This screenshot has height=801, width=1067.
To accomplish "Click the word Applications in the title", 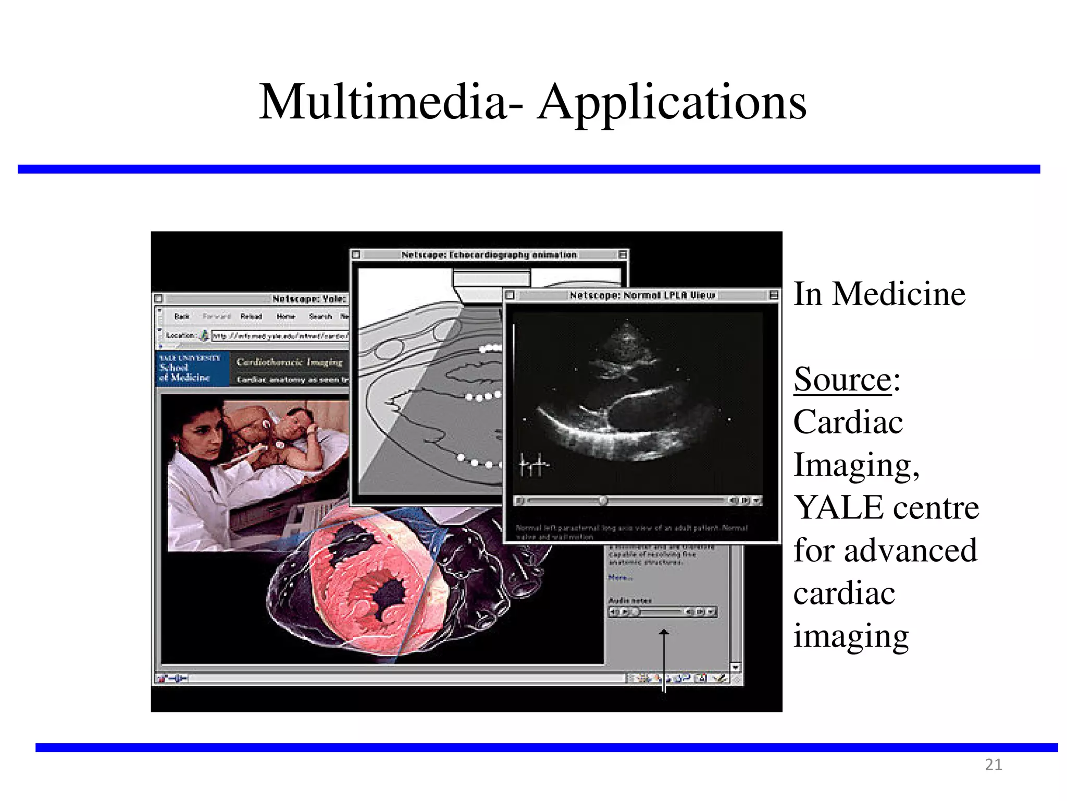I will [672, 103].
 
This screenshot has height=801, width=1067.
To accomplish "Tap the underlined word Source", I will [842, 379].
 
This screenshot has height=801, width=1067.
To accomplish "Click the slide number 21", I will [994, 764].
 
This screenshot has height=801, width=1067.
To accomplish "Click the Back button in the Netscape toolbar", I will [182, 317].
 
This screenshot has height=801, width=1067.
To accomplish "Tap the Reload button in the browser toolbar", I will [251, 317].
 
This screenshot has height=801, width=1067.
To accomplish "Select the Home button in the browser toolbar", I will [286, 317].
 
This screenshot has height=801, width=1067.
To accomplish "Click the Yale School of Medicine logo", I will [192, 368].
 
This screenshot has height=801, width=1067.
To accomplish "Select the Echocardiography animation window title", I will [489, 255].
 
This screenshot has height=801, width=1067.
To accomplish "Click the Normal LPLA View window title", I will [642, 296].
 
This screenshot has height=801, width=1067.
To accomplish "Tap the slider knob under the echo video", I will [603, 501].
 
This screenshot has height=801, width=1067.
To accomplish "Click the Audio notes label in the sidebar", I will [629, 601].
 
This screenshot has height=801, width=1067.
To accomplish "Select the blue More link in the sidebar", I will [620, 578].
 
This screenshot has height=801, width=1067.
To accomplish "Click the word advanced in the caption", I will [910, 551].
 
